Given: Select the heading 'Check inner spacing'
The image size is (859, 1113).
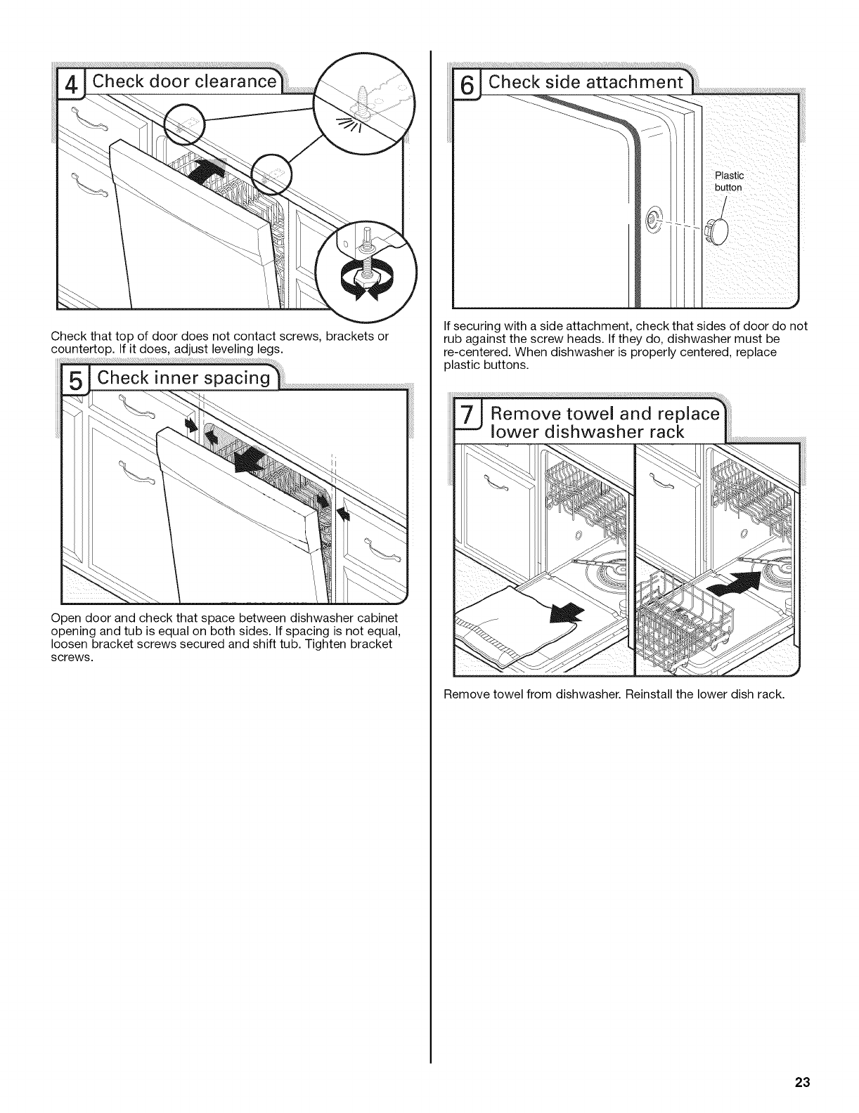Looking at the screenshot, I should [183, 378].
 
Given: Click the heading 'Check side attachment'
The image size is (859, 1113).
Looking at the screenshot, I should [586, 82].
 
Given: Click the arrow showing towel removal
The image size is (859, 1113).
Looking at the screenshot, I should [566, 613].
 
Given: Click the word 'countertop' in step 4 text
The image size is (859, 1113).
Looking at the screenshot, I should [76, 349].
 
